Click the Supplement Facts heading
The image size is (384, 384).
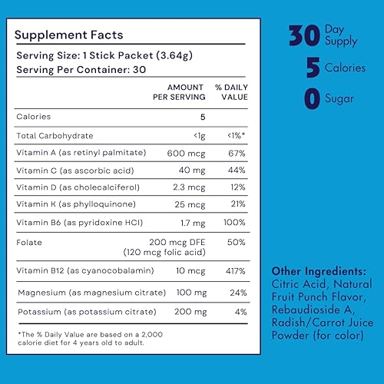click(x=68, y=35)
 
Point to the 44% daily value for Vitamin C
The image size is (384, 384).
click(x=235, y=171)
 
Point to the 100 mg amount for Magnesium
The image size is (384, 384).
click(x=190, y=293)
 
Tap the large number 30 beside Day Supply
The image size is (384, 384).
click(x=306, y=35)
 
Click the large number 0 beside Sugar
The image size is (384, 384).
click(x=313, y=101)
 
